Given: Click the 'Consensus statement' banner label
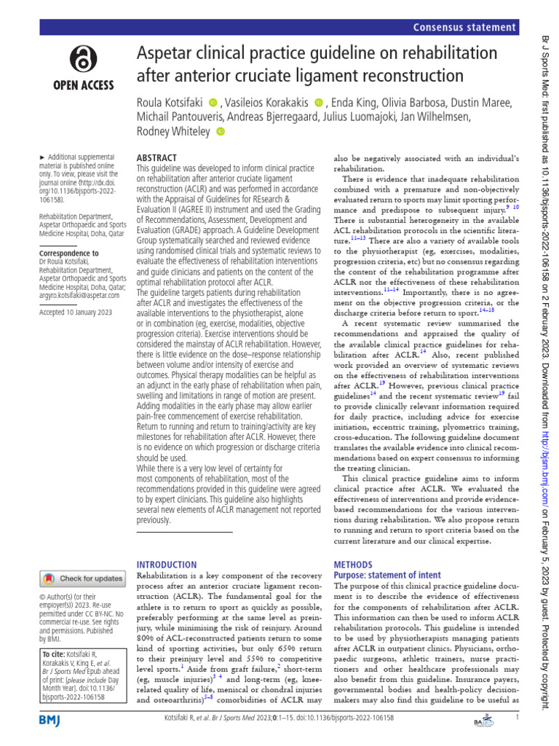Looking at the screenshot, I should (464, 28).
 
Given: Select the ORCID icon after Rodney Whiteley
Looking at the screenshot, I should (221, 131).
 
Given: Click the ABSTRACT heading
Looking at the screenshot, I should (156, 157).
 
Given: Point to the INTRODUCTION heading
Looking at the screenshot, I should (167, 565).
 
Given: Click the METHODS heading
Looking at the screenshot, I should (354, 565).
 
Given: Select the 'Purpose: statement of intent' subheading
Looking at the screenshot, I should (386, 575).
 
